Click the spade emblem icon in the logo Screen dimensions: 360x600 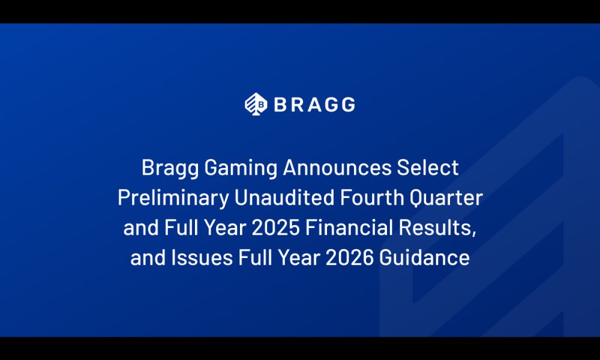point(256,104)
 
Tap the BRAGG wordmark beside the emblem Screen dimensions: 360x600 point(314,104)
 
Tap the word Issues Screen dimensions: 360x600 point(202,258)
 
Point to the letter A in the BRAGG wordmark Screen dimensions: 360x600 point(314,104)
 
